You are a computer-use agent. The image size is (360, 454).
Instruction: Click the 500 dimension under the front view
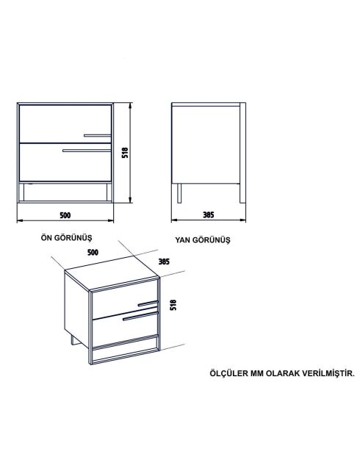click(65, 215)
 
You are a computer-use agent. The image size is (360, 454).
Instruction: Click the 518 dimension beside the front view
click(125, 154)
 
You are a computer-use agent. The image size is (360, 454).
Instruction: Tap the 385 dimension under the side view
click(209, 215)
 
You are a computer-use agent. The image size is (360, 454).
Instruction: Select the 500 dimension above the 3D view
click(93, 252)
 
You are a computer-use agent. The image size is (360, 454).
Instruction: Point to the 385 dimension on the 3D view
click(165, 262)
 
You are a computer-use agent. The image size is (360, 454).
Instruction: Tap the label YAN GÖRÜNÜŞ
click(203, 240)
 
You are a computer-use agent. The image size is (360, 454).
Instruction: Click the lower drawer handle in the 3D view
click(140, 318)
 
